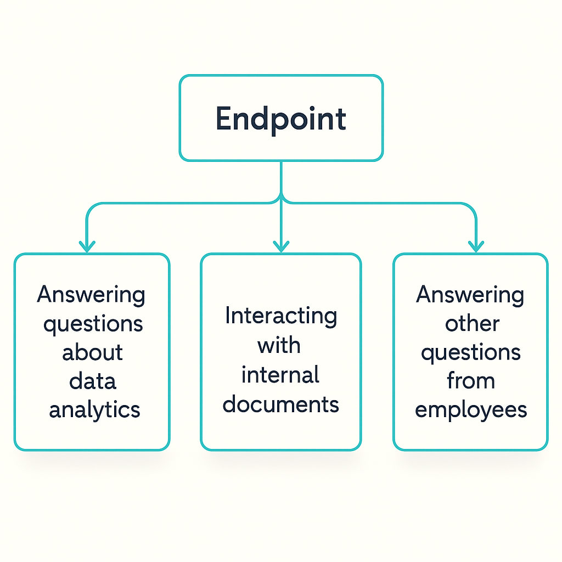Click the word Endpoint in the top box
pos(280,119)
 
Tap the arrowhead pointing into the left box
pos(87,245)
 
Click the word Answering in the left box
pos(91,296)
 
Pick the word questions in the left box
pos(93,324)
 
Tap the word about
pos(92,352)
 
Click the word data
pos(93,381)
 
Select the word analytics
pos(94,410)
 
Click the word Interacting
pos(280,317)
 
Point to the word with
pos(279,345)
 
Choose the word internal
pos(280,375)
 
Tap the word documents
pos(281,404)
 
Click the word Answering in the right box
pos(470,296)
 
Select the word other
pos(472,324)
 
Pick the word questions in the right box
pos(470,353)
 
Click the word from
pos(471,381)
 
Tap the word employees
pos(471,410)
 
